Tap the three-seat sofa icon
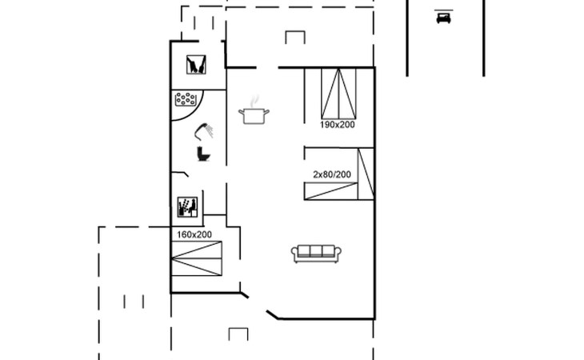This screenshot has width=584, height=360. pos(316,254)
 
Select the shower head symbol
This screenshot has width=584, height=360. pos(204,131)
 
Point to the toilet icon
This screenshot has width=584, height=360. pos(203,154)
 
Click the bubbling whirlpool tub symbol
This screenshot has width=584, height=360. pos(186,99)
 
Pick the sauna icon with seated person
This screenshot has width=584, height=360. pos(187,207)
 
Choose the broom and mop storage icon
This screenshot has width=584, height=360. pos(196,65)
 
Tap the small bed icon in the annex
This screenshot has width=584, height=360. pos(443,17)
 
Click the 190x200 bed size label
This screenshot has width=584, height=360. pos(337,125)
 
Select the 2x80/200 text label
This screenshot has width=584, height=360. pos(332,174)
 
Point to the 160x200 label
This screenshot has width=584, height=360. pos(194,234)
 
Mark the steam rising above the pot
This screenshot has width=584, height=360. pos(254,101)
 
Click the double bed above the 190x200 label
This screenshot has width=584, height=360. pos(338,94)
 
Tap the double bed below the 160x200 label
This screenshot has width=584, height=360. pos(196,258)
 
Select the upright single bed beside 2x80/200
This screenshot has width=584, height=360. pos(366,174)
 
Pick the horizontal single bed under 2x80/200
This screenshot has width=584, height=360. pos(330,191)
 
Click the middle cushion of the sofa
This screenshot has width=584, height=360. pos(316,251)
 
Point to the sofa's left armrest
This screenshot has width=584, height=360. pos(294,254)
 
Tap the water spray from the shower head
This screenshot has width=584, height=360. pos(210,130)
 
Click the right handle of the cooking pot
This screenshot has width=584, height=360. pos(266,112)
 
